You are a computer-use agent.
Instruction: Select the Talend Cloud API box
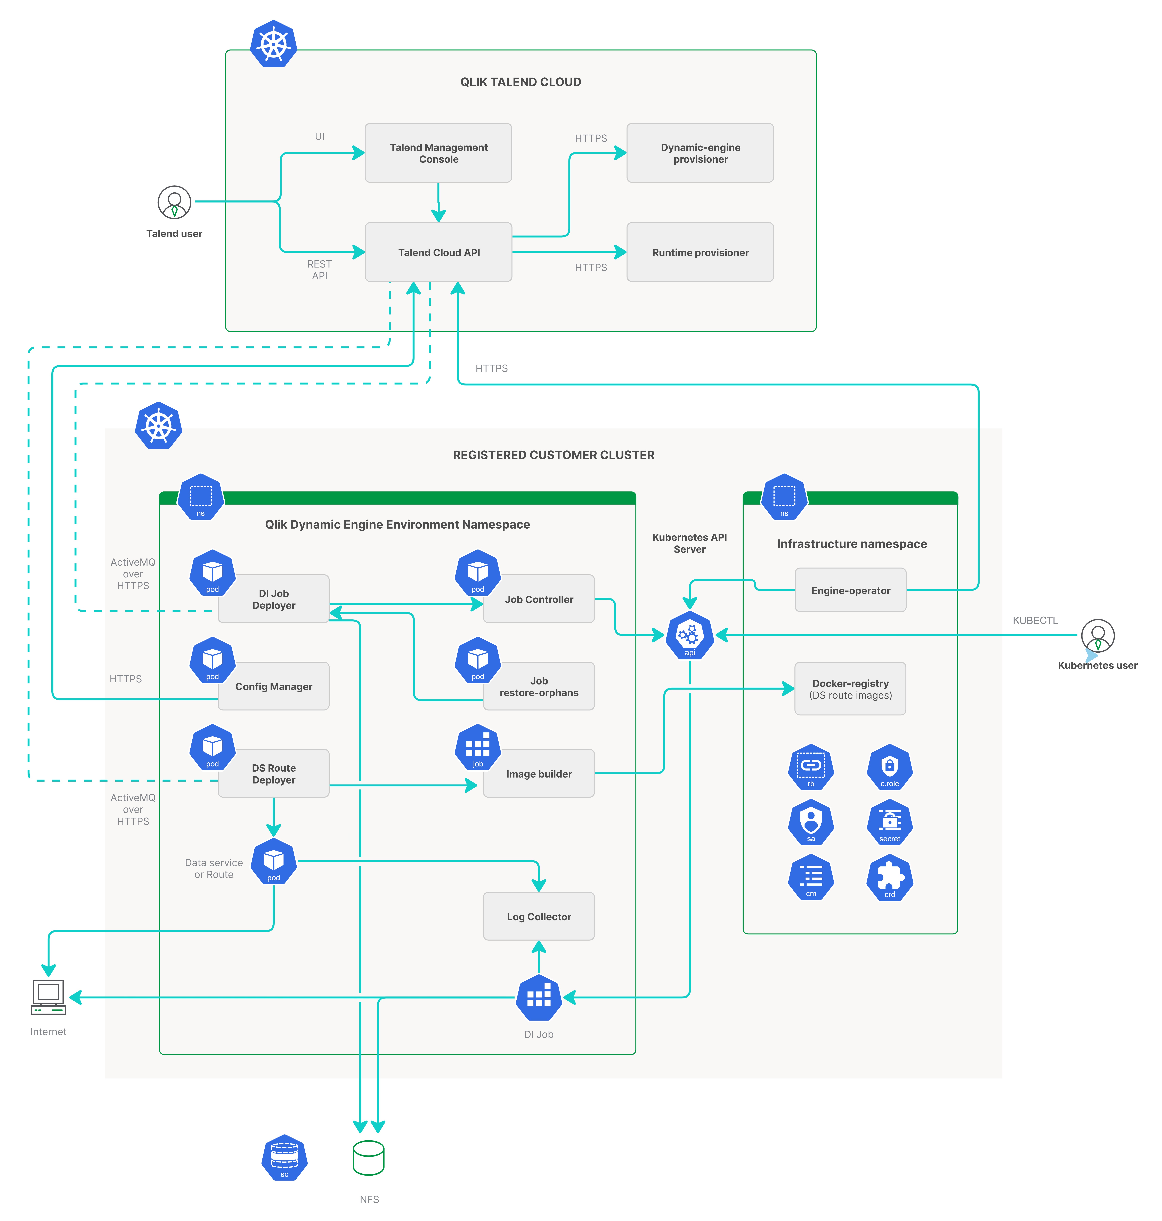click(x=438, y=252)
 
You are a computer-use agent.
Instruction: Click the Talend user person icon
click(x=174, y=203)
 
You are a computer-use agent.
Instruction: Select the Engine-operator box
click(x=850, y=590)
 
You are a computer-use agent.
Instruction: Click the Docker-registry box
click(x=850, y=689)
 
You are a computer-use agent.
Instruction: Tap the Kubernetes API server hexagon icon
click(x=689, y=635)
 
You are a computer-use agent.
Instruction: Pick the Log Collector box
click(x=539, y=916)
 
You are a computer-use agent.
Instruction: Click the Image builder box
click(x=539, y=774)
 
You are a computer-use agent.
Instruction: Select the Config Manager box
click(x=274, y=686)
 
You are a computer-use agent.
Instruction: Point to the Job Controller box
click(x=539, y=599)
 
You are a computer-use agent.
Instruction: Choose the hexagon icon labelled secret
click(x=889, y=822)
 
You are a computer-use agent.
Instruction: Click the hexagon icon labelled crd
click(x=889, y=878)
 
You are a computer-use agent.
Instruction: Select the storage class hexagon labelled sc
click(x=284, y=1157)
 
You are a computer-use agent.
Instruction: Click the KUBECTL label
click(x=1035, y=620)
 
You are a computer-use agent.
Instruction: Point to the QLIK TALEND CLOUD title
click(x=520, y=82)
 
